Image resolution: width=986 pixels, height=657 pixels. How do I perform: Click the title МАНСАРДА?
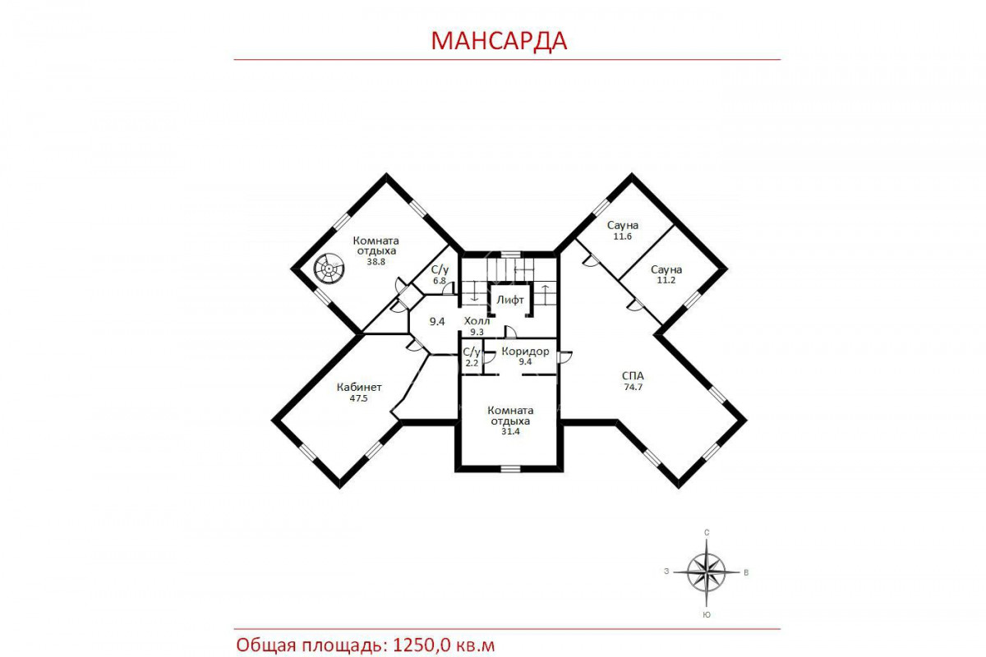pyautogui.click(x=499, y=41)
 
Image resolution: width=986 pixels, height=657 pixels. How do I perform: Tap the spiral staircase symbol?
pyautogui.click(x=329, y=268)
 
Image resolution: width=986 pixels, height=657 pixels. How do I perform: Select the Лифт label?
pyautogui.click(x=510, y=300)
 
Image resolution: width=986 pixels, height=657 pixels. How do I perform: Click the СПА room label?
pyautogui.click(x=633, y=376)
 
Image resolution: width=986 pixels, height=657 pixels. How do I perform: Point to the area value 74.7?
pyautogui.click(x=633, y=388)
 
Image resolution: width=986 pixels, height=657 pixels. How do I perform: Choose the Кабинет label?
pyautogui.click(x=359, y=388)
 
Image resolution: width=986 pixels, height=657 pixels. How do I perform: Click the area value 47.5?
pyautogui.click(x=359, y=398)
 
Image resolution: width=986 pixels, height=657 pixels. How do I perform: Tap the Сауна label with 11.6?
pyautogui.click(x=623, y=225)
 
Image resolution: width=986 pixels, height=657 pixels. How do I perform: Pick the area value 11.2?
pyautogui.click(x=666, y=280)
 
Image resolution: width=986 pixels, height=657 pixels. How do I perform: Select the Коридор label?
pyautogui.click(x=525, y=351)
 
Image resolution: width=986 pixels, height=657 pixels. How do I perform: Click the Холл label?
pyautogui.click(x=477, y=321)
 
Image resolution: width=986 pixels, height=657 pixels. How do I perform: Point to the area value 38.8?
pyautogui.click(x=376, y=262)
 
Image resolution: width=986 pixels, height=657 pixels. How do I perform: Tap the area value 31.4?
pyautogui.click(x=510, y=431)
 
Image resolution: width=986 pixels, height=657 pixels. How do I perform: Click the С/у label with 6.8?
pyautogui.click(x=440, y=269)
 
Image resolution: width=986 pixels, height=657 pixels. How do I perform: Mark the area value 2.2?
pyautogui.click(x=472, y=363)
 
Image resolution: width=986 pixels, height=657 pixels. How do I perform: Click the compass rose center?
pyautogui.click(x=707, y=572)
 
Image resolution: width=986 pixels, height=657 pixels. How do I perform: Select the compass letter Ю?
pyautogui.click(x=707, y=615)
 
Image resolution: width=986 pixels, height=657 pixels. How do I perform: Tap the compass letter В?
pyautogui.click(x=746, y=573)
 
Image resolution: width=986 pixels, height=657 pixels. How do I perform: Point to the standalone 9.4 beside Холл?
pyautogui.click(x=437, y=322)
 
